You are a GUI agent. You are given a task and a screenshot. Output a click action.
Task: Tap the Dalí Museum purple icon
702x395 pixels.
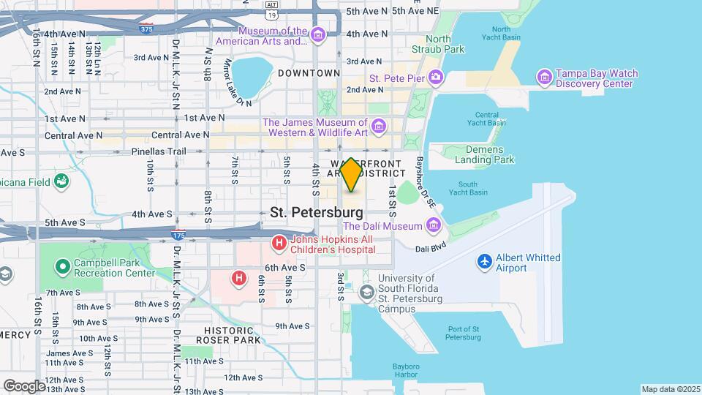coord(434,225)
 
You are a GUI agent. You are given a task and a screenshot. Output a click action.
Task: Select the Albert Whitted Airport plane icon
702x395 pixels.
coord(484,261)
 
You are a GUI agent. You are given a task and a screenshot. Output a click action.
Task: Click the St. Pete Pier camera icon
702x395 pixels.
coord(435,77)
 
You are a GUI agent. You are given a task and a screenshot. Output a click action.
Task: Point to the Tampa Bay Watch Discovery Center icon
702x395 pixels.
coord(544,77)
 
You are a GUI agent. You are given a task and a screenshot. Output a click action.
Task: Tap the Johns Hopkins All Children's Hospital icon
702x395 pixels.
coord(278,242)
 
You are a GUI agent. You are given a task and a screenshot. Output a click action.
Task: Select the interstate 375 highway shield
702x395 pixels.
coord(146,30)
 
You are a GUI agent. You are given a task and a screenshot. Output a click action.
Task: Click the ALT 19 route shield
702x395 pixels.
coord(271,10)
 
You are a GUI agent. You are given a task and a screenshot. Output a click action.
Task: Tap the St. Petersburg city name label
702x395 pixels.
coord(316,212)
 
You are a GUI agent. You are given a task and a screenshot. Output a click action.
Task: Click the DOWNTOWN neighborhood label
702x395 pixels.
coord(309,73)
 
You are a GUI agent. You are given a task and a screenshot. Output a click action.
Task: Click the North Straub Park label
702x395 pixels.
coord(445,44)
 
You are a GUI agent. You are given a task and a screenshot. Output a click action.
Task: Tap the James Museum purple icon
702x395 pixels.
coord(378,127)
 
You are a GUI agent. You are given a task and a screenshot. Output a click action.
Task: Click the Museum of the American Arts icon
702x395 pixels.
coord(317,35)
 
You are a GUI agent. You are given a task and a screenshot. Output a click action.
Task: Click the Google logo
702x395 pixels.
coord(24,385)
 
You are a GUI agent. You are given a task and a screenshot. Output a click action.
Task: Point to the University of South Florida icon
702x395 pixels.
coord(366,293)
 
